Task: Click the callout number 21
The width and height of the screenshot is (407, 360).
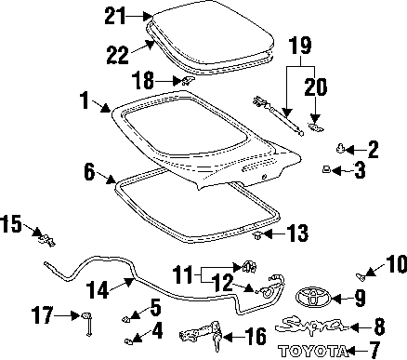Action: [115, 16]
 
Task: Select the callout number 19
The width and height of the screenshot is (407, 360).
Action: [300, 46]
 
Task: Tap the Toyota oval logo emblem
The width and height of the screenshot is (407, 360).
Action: [313, 298]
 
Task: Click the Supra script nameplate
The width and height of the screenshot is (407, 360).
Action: [310, 325]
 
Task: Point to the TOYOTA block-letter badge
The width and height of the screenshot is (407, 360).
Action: [312, 351]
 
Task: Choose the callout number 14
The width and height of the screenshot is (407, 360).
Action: [98, 289]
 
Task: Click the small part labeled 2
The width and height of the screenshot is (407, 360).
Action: [341, 149]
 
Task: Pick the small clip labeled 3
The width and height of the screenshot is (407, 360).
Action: [326, 169]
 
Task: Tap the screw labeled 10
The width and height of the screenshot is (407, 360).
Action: [360, 276]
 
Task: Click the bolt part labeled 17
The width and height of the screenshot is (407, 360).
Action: [87, 325]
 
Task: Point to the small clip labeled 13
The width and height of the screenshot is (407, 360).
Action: [257, 236]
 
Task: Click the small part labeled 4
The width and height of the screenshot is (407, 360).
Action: [128, 341]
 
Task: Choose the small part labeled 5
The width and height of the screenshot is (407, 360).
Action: [125, 318]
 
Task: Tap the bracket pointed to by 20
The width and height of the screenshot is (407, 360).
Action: [316, 127]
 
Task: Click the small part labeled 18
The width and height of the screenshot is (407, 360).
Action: [186, 80]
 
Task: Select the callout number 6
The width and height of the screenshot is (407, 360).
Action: [89, 171]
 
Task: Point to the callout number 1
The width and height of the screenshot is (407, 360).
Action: [85, 100]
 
